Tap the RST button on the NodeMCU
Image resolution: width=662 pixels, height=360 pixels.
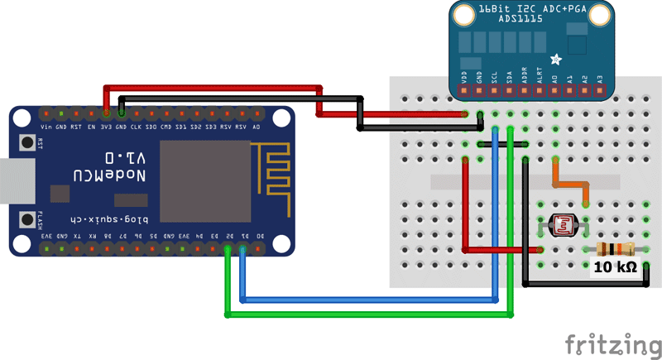point(26,142)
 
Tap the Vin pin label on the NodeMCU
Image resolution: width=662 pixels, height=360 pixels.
point(46,127)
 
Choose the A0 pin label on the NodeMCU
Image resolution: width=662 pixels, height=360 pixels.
point(257,127)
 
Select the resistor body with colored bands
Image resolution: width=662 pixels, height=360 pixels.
point(615,249)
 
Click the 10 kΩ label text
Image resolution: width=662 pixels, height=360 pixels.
point(615,267)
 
